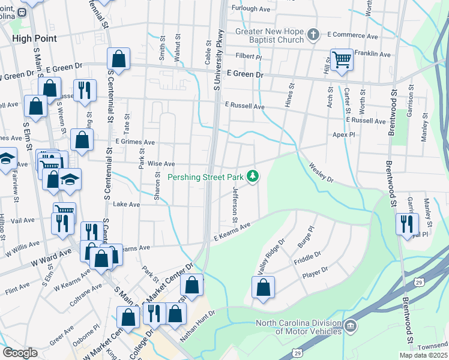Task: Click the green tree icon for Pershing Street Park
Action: [x=253, y=176]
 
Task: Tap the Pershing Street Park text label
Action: [x=206, y=177]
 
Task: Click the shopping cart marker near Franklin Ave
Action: [x=342, y=59]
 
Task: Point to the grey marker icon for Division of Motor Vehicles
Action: [x=351, y=326]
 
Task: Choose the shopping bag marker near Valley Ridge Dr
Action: [x=263, y=287]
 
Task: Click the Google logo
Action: [x=20, y=353]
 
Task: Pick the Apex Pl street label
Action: [x=344, y=135]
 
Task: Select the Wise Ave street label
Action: [x=161, y=163]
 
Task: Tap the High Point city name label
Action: [x=35, y=38]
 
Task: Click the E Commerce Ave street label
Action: [x=352, y=36]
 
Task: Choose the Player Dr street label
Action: [x=315, y=274]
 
